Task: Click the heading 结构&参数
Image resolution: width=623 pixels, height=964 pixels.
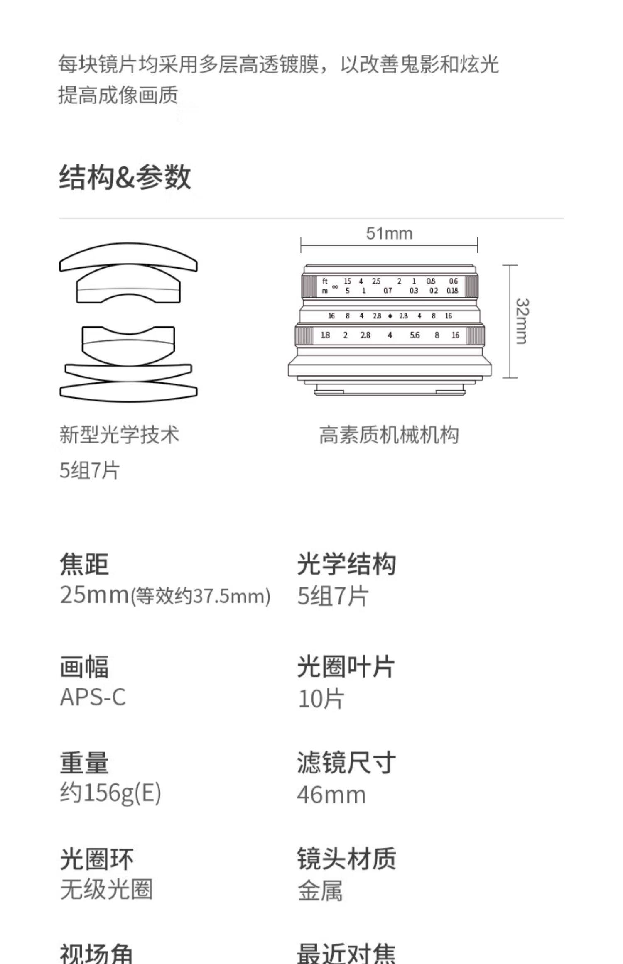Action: (x=125, y=177)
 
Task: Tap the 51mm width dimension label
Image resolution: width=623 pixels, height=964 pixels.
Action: (x=389, y=234)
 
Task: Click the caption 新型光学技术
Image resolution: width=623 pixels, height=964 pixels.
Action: (x=119, y=435)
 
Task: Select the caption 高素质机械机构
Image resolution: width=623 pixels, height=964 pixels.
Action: (x=389, y=435)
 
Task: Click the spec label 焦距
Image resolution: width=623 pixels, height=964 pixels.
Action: (x=84, y=564)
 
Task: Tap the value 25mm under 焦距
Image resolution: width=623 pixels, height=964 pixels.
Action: (x=94, y=595)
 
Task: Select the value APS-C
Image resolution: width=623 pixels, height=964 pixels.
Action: (x=93, y=697)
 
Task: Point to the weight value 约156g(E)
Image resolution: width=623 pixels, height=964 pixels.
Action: (x=110, y=793)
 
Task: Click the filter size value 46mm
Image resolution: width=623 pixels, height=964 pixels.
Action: (x=331, y=795)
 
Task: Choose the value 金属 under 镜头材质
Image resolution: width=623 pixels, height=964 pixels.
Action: (x=320, y=891)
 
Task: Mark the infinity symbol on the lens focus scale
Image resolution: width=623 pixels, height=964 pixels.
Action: (x=335, y=286)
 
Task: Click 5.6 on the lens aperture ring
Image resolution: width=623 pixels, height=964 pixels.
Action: (x=415, y=335)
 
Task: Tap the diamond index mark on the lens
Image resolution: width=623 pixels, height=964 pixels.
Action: (x=390, y=316)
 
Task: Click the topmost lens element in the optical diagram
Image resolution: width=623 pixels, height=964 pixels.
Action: (x=128, y=256)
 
